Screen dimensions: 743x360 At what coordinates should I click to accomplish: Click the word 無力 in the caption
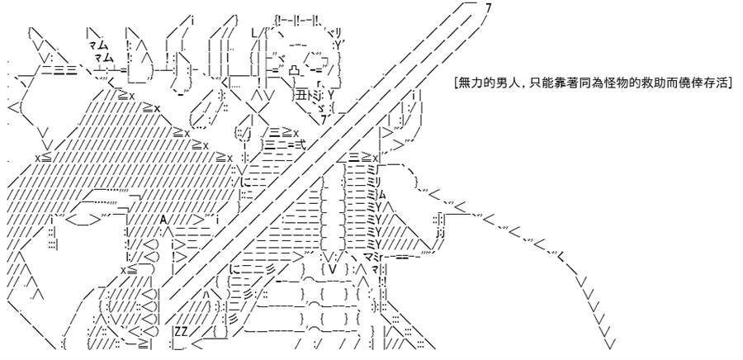468,83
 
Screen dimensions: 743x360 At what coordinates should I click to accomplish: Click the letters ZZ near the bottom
180,330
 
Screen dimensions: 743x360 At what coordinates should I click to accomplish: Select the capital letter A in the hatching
163,220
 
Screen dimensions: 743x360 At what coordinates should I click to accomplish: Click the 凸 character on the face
294,70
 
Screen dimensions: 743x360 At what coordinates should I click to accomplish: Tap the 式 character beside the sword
300,145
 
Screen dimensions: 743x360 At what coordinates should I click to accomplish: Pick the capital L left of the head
254,33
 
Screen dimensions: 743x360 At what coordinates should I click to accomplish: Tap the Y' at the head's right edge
339,45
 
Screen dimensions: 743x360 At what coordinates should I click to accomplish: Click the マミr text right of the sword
374,257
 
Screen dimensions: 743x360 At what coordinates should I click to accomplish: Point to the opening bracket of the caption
455,83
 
